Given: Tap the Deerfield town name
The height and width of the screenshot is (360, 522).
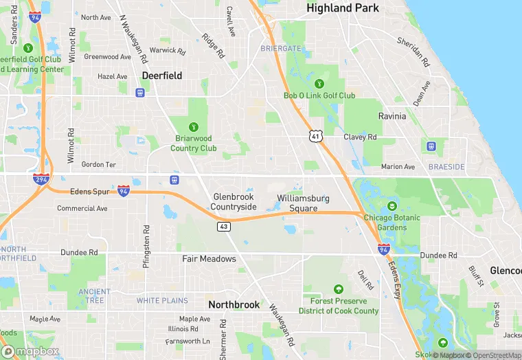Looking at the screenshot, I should pos(162,76).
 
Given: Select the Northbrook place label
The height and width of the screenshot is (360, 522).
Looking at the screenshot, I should pos(234,304).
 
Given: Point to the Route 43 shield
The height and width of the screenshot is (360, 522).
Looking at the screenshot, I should pos(223,225).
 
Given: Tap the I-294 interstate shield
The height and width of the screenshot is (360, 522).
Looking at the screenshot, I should pos(41,179).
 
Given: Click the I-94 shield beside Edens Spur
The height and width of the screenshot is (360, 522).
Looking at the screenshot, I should pos(124,191).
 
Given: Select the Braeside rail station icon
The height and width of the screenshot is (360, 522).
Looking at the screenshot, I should pos(431,146).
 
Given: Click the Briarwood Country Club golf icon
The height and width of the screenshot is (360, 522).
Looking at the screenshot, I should pos(194,126).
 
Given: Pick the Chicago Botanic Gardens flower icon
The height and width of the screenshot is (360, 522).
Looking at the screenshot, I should pos(392,206).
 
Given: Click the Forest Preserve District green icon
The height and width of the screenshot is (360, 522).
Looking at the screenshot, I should pos(338,289).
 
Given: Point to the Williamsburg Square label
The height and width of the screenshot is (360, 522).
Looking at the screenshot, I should pos(303,203).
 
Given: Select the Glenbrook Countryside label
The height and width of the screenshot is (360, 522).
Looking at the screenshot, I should pos(234,202).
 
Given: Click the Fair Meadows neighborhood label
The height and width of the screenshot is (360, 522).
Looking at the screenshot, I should pos(209,259).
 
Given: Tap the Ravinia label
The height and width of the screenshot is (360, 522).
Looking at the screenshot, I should pos(392,116).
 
